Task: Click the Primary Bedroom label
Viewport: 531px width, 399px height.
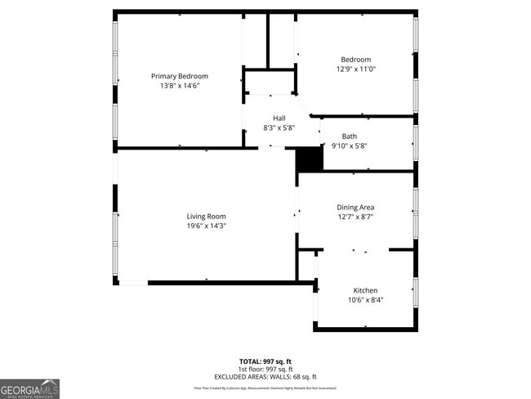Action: tap(180, 76)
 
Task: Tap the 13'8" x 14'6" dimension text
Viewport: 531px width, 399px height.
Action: tap(180, 85)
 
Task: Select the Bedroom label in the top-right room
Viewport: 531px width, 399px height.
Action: tap(355, 60)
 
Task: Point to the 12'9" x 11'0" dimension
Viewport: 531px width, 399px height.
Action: tap(355, 69)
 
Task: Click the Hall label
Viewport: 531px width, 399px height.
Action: tap(279, 119)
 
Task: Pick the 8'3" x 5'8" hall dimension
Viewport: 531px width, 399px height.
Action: tap(279, 128)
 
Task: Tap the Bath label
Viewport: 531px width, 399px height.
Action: tap(350, 137)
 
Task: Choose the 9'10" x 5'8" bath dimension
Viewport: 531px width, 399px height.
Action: tap(350, 146)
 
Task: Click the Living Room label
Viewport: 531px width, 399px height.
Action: tap(206, 217)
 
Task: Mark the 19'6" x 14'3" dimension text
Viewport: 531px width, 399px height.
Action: tap(206, 226)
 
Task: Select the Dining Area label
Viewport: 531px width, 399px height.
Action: tap(355, 208)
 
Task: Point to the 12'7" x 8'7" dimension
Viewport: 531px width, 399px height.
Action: tap(355, 217)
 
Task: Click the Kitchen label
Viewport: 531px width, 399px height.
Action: tap(365, 291)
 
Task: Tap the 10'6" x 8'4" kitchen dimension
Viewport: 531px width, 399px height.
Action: tap(365, 300)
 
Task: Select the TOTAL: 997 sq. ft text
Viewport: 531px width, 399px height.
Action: tap(265, 361)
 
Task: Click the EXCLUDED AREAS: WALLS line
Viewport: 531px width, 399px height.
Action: tap(265, 376)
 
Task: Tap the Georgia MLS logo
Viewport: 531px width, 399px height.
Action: tap(30, 388)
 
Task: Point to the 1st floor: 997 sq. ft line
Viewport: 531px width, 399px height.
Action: tap(265, 369)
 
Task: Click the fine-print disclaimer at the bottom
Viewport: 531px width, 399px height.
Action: tap(265, 388)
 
